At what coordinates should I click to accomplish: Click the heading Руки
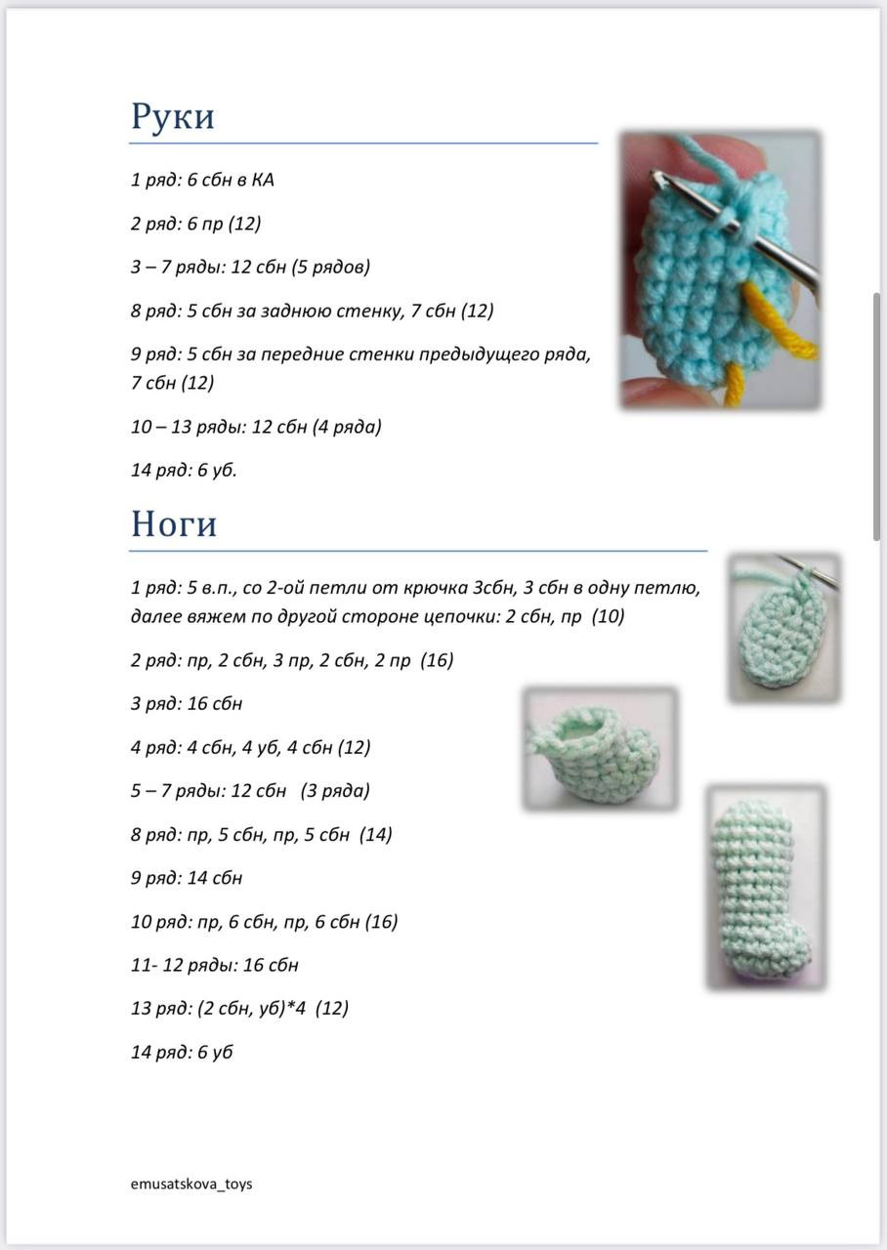(173, 117)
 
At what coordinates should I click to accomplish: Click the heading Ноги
(174, 524)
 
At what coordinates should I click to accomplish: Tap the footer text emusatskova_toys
(191, 1184)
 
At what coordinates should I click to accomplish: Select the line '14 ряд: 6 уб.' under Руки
(184, 471)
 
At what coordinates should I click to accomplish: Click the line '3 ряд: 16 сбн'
(187, 704)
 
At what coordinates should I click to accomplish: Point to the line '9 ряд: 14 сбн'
(187, 878)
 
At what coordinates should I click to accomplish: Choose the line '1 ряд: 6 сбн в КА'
(202, 181)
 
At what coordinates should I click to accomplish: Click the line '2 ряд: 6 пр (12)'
(195, 224)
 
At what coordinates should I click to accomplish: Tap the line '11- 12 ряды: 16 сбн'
(215, 965)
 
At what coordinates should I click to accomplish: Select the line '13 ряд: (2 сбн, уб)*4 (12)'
(239, 1008)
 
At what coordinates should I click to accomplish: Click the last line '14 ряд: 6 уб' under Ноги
(182, 1052)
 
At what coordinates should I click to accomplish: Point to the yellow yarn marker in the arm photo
(781, 332)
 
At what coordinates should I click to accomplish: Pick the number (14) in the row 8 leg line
(376, 835)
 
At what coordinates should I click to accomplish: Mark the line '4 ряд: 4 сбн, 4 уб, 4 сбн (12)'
(251, 748)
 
